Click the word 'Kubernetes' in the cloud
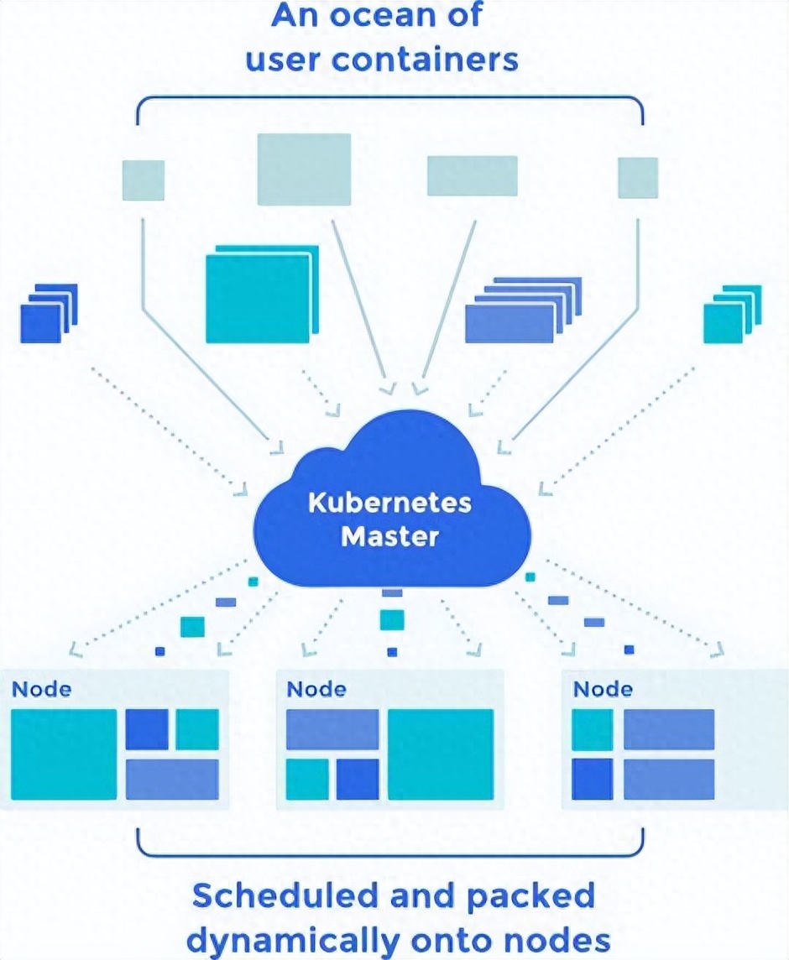click(389, 503)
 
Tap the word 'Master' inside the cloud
click(389, 536)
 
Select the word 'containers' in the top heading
click(425, 60)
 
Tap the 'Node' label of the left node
click(42, 690)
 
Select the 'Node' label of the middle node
click(316, 690)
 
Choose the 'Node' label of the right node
click(603, 690)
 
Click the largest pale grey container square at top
click(304, 169)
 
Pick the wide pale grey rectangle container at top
click(473, 175)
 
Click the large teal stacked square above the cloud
click(262, 295)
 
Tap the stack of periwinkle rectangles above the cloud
click(523, 310)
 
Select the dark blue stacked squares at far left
click(49, 314)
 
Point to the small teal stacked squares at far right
click(732, 314)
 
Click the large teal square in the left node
click(64, 754)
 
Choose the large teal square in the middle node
click(441, 754)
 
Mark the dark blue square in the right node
click(593, 780)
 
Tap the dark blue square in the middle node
click(358, 780)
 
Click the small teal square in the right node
click(593, 730)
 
